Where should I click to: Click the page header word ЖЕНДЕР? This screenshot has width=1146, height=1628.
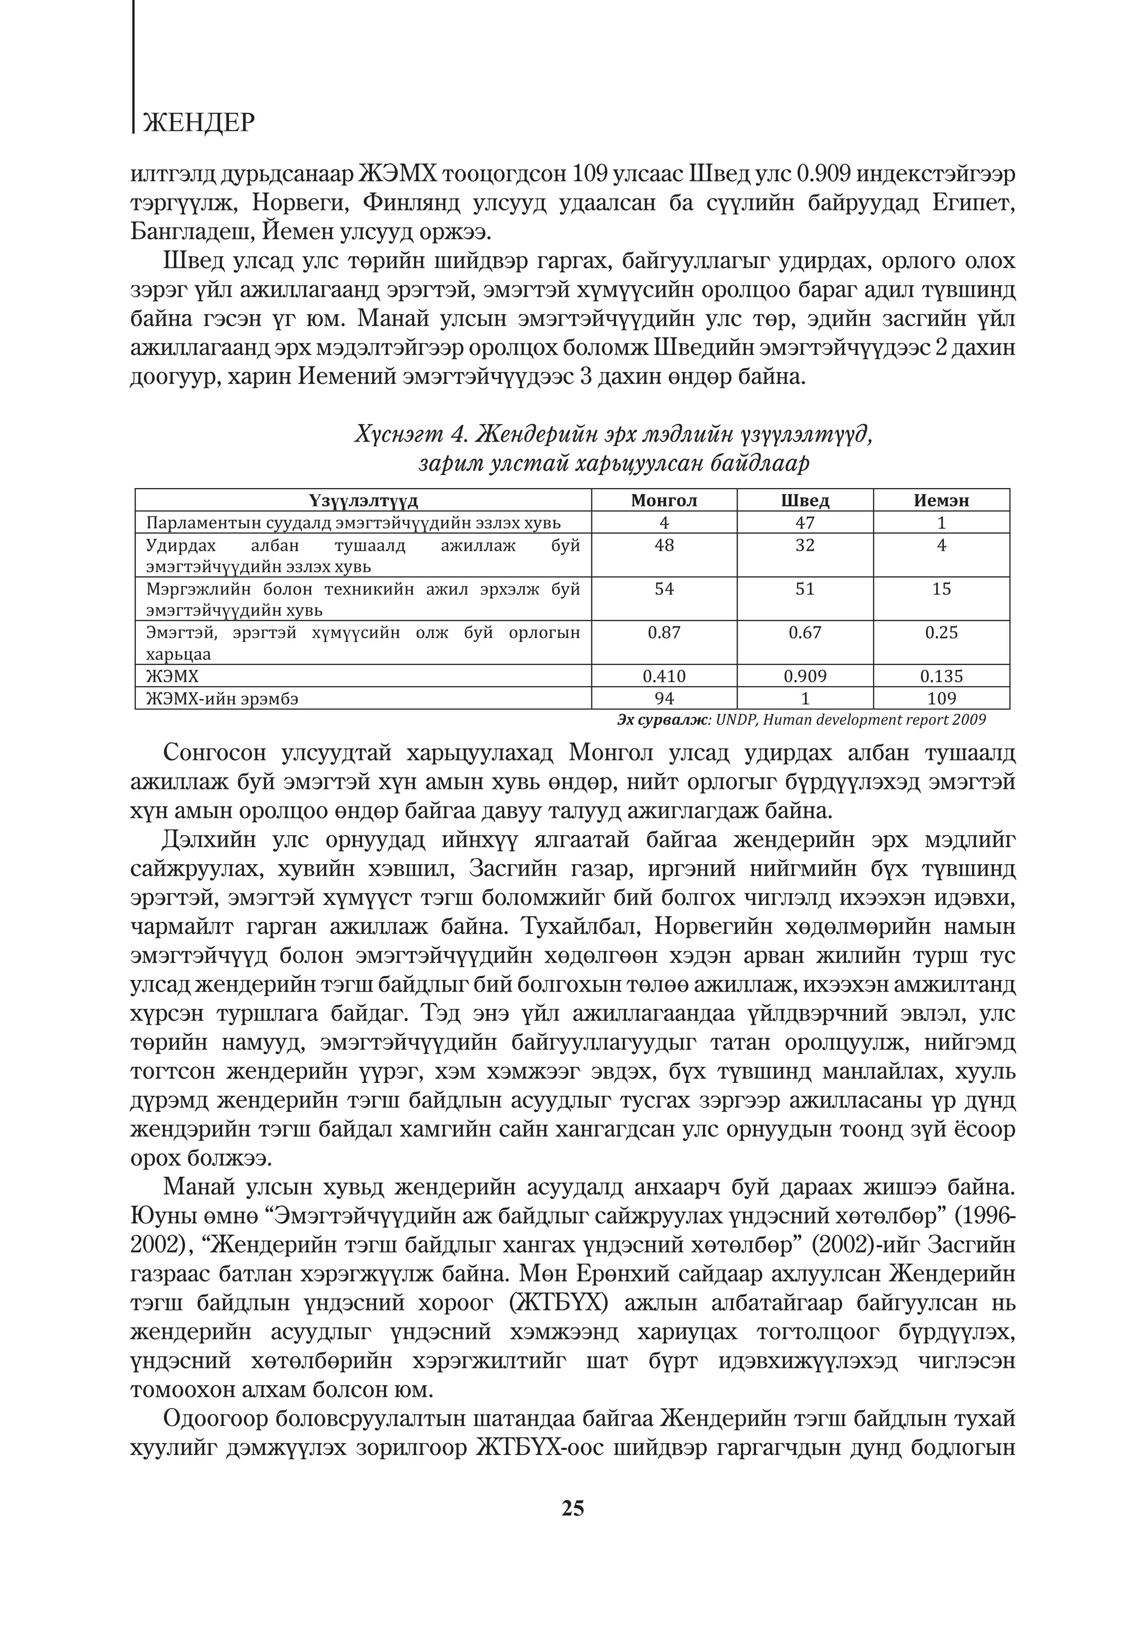click(198, 123)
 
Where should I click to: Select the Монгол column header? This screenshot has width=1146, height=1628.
click(664, 500)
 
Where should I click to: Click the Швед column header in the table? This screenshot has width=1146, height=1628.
click(805, 500)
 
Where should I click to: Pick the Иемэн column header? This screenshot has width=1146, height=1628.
click(941, 500)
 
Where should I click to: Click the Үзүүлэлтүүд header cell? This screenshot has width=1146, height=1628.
click(363, 500)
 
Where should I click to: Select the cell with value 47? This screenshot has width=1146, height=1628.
click(805, 523)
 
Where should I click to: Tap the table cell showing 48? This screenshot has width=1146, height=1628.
click(664, 545)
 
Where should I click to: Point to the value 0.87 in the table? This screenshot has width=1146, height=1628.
click(664, 632)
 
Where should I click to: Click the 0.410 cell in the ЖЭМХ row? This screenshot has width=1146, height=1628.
click(664, 677)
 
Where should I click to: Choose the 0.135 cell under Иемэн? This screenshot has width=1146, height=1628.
click(941, 677)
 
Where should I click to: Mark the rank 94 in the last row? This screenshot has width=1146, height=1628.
click(664, 698)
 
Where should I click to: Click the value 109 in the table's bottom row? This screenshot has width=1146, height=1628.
click(941, 698)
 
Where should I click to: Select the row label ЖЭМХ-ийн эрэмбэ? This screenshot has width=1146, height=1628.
click(222, 698)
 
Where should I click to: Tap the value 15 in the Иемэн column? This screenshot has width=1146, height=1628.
click(941, 589)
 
